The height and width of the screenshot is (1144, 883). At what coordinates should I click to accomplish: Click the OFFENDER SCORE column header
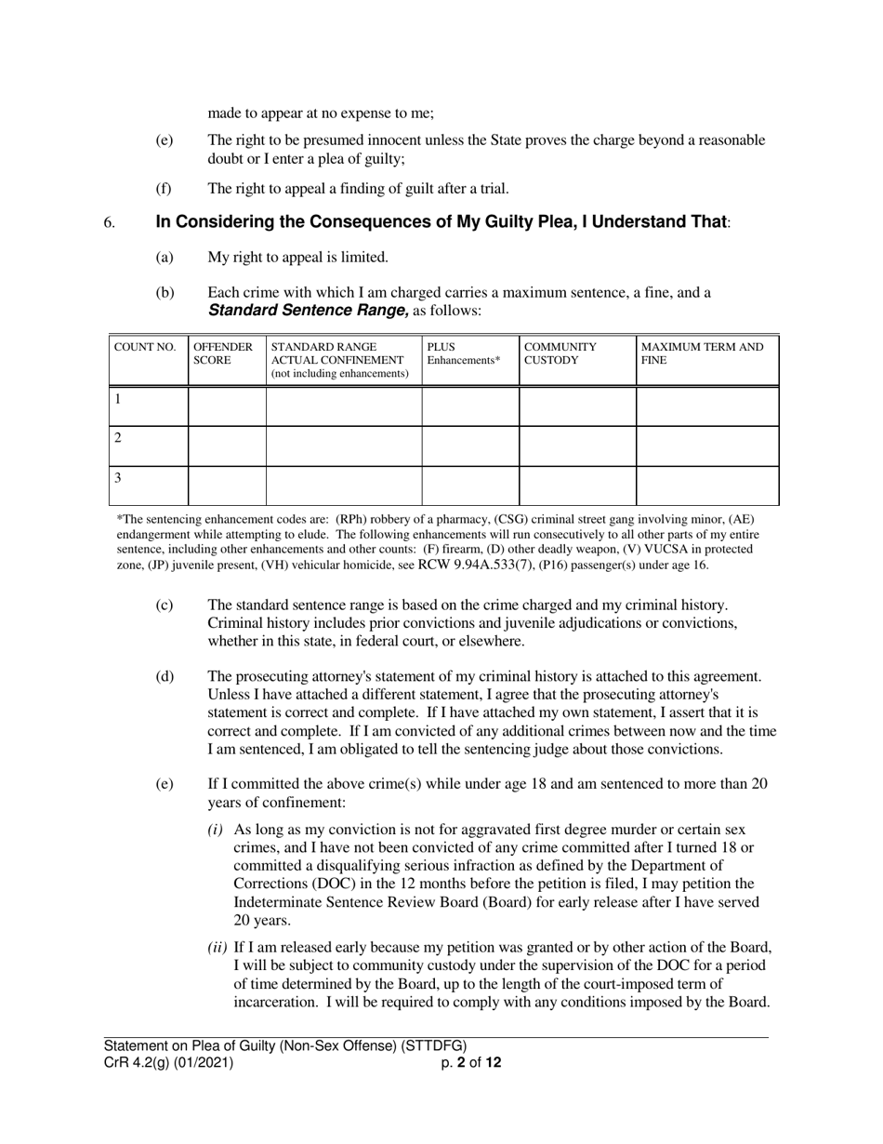coord(222,353)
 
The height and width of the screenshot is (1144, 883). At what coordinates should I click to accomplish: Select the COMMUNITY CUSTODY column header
coord(560,353)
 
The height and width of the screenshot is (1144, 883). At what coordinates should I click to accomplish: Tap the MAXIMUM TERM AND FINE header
coord(703,353)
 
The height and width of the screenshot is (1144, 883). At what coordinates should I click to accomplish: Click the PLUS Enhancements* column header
coord(463,353)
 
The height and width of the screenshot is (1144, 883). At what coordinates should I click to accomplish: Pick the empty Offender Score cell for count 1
coord(227,406)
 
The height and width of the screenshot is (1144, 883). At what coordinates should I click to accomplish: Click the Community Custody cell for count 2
coord(576,446)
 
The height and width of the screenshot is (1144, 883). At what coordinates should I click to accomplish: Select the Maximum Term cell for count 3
coord(706,486)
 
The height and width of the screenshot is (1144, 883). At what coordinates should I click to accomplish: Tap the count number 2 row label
coord(118,438)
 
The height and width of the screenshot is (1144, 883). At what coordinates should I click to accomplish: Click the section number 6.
coord(109,223)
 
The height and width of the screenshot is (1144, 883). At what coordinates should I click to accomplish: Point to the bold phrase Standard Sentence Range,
coord(308,311)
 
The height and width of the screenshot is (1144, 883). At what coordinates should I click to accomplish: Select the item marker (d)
coord(165,677)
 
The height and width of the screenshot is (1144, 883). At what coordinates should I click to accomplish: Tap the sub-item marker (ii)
coord(217,949)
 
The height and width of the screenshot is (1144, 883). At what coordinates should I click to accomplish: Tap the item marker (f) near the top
coord(164,189)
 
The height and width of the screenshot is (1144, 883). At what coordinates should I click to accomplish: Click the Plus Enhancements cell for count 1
coord(469,406)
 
